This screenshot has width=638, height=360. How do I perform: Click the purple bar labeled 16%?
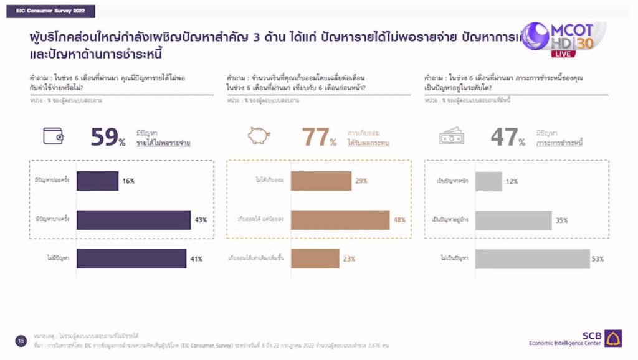(x=98, y=181)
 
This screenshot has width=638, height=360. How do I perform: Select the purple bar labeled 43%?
(x=134, y=220)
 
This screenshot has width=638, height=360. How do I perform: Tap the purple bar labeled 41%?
(x=131, y=258)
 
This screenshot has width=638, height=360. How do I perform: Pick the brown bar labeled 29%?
(x=321, y=181)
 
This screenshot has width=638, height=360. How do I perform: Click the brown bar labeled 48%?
(x=340, y=220)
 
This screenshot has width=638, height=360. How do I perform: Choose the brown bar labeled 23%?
(x=315, y=258)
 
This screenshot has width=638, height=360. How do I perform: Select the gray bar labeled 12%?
(x=488, y=181)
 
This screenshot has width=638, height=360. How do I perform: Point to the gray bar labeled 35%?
(x=513, y=220)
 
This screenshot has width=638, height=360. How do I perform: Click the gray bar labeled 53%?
(x=532, y=258)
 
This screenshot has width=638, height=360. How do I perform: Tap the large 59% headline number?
(x=108, y=137)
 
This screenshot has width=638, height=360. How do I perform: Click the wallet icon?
(x=53, y=136)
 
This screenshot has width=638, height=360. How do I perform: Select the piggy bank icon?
(x=259, y=136)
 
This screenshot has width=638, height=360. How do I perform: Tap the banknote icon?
(x=452, y=136)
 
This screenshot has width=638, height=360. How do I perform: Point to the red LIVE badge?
(x=563, y=54)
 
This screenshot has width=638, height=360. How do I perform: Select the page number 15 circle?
(x=21, y=340)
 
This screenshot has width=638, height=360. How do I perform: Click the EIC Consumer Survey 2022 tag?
(x=51, y=12)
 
